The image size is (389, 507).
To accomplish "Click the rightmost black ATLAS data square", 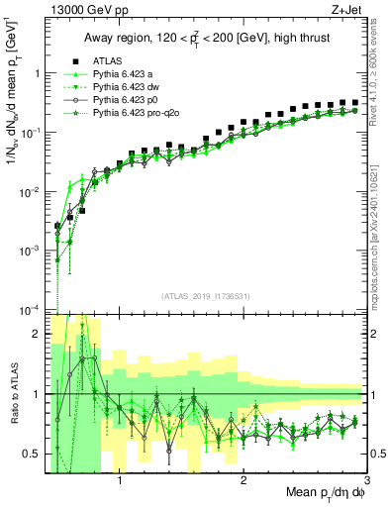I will click(x=354, y=102).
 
